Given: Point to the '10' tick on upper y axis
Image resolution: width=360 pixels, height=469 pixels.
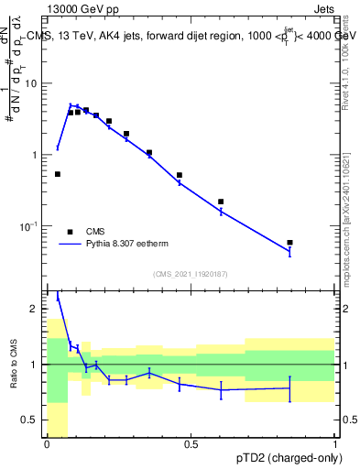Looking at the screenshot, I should click(34, 83).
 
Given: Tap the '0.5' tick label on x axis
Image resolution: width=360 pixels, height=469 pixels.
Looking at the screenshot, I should click(191, 445).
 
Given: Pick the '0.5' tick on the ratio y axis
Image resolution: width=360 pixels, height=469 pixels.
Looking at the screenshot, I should click(32, 420).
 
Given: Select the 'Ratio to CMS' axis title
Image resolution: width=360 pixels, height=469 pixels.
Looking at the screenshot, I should click(14, 365).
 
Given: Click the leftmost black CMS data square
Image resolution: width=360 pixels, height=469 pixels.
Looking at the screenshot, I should click(58, 174).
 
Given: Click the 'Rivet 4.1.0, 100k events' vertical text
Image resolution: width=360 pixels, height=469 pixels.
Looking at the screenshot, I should click(345, 64).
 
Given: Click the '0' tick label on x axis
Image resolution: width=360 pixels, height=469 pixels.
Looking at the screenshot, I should click(47, 445).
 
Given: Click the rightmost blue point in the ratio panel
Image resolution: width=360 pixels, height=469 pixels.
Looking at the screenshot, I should click(289, 388).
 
